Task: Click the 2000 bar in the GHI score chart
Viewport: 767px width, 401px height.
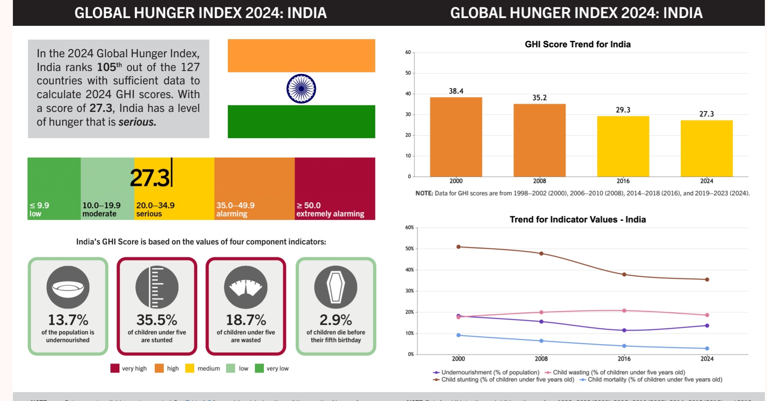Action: coord(456,137)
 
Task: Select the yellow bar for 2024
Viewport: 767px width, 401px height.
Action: coord(706,148)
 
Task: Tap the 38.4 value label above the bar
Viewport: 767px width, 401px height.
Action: coord(456,91)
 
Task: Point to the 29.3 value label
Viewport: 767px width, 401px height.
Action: coord(623,110)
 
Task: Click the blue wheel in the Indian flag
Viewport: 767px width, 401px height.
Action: coord(301,89)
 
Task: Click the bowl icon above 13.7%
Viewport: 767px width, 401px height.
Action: coord(68,287)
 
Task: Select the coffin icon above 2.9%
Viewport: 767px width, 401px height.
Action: coord(336,287)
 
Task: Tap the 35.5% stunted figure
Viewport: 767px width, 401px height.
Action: coord(157,320)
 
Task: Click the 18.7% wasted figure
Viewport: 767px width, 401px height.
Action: coord(246,320)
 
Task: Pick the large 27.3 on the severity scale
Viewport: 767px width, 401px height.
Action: coord(150,178)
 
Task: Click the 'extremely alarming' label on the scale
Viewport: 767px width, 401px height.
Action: coord(330,214)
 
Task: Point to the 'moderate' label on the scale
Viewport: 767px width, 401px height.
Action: coord(99,214)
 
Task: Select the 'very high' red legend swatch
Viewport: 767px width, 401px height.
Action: coord(115,368)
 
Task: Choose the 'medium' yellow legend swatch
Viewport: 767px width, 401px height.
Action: coord(189,368)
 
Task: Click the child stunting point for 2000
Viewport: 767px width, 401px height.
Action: coord(458,247)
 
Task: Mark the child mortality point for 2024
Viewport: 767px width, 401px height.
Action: coord(707,349)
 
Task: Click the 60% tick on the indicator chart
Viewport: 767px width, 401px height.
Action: coord(409,228)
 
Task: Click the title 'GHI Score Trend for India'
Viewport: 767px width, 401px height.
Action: coord(578,44)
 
